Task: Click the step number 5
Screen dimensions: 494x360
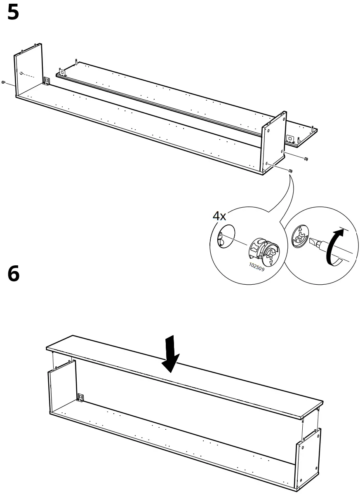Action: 13,13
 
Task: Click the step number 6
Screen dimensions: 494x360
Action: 13,274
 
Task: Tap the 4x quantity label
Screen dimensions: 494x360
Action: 219,216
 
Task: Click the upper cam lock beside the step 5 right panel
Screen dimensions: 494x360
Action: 306,159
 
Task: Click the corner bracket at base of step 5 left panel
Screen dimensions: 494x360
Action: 47,81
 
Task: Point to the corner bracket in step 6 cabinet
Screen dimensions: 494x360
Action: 81,397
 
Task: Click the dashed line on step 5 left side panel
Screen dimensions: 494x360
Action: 28,75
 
